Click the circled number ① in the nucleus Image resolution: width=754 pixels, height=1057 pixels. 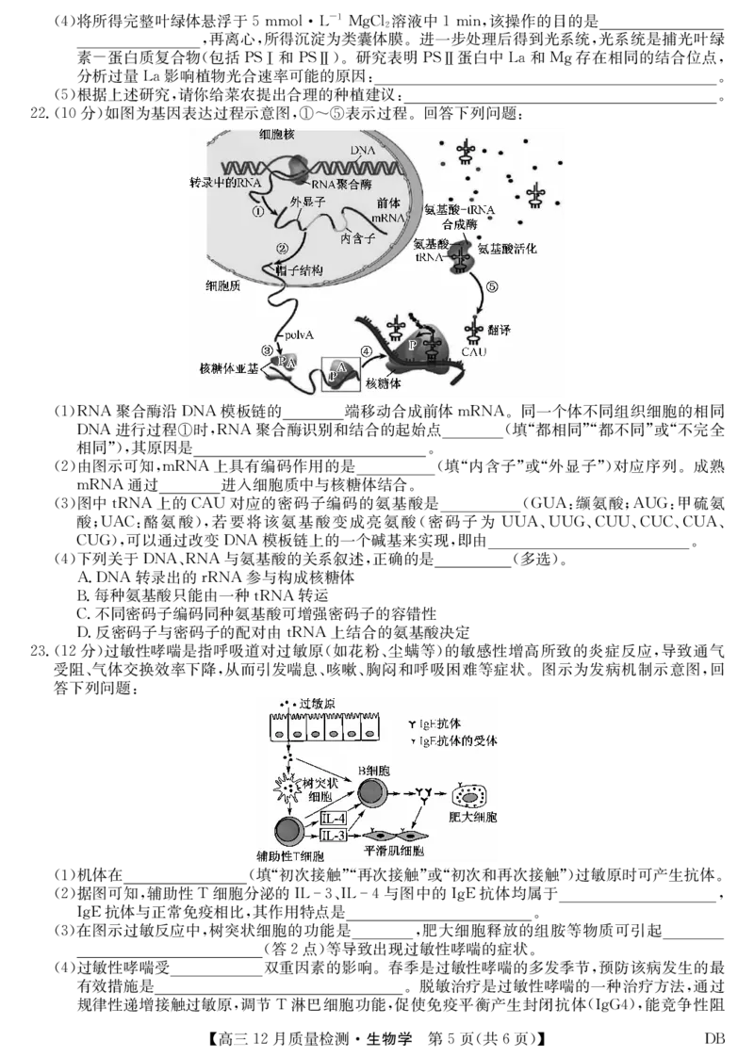pos(256,212)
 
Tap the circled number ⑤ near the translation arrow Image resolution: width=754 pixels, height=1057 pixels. pos(490,286)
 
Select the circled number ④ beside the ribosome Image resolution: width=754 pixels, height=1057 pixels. pos(367,350)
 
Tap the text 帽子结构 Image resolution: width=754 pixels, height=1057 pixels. pos(299,270)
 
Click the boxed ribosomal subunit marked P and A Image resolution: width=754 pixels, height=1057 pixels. pos(339,374)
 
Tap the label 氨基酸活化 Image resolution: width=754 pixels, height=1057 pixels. pos(507,250)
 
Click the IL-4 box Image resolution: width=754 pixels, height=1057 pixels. pos(335,819)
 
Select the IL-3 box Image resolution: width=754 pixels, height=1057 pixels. pos(335,836)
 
